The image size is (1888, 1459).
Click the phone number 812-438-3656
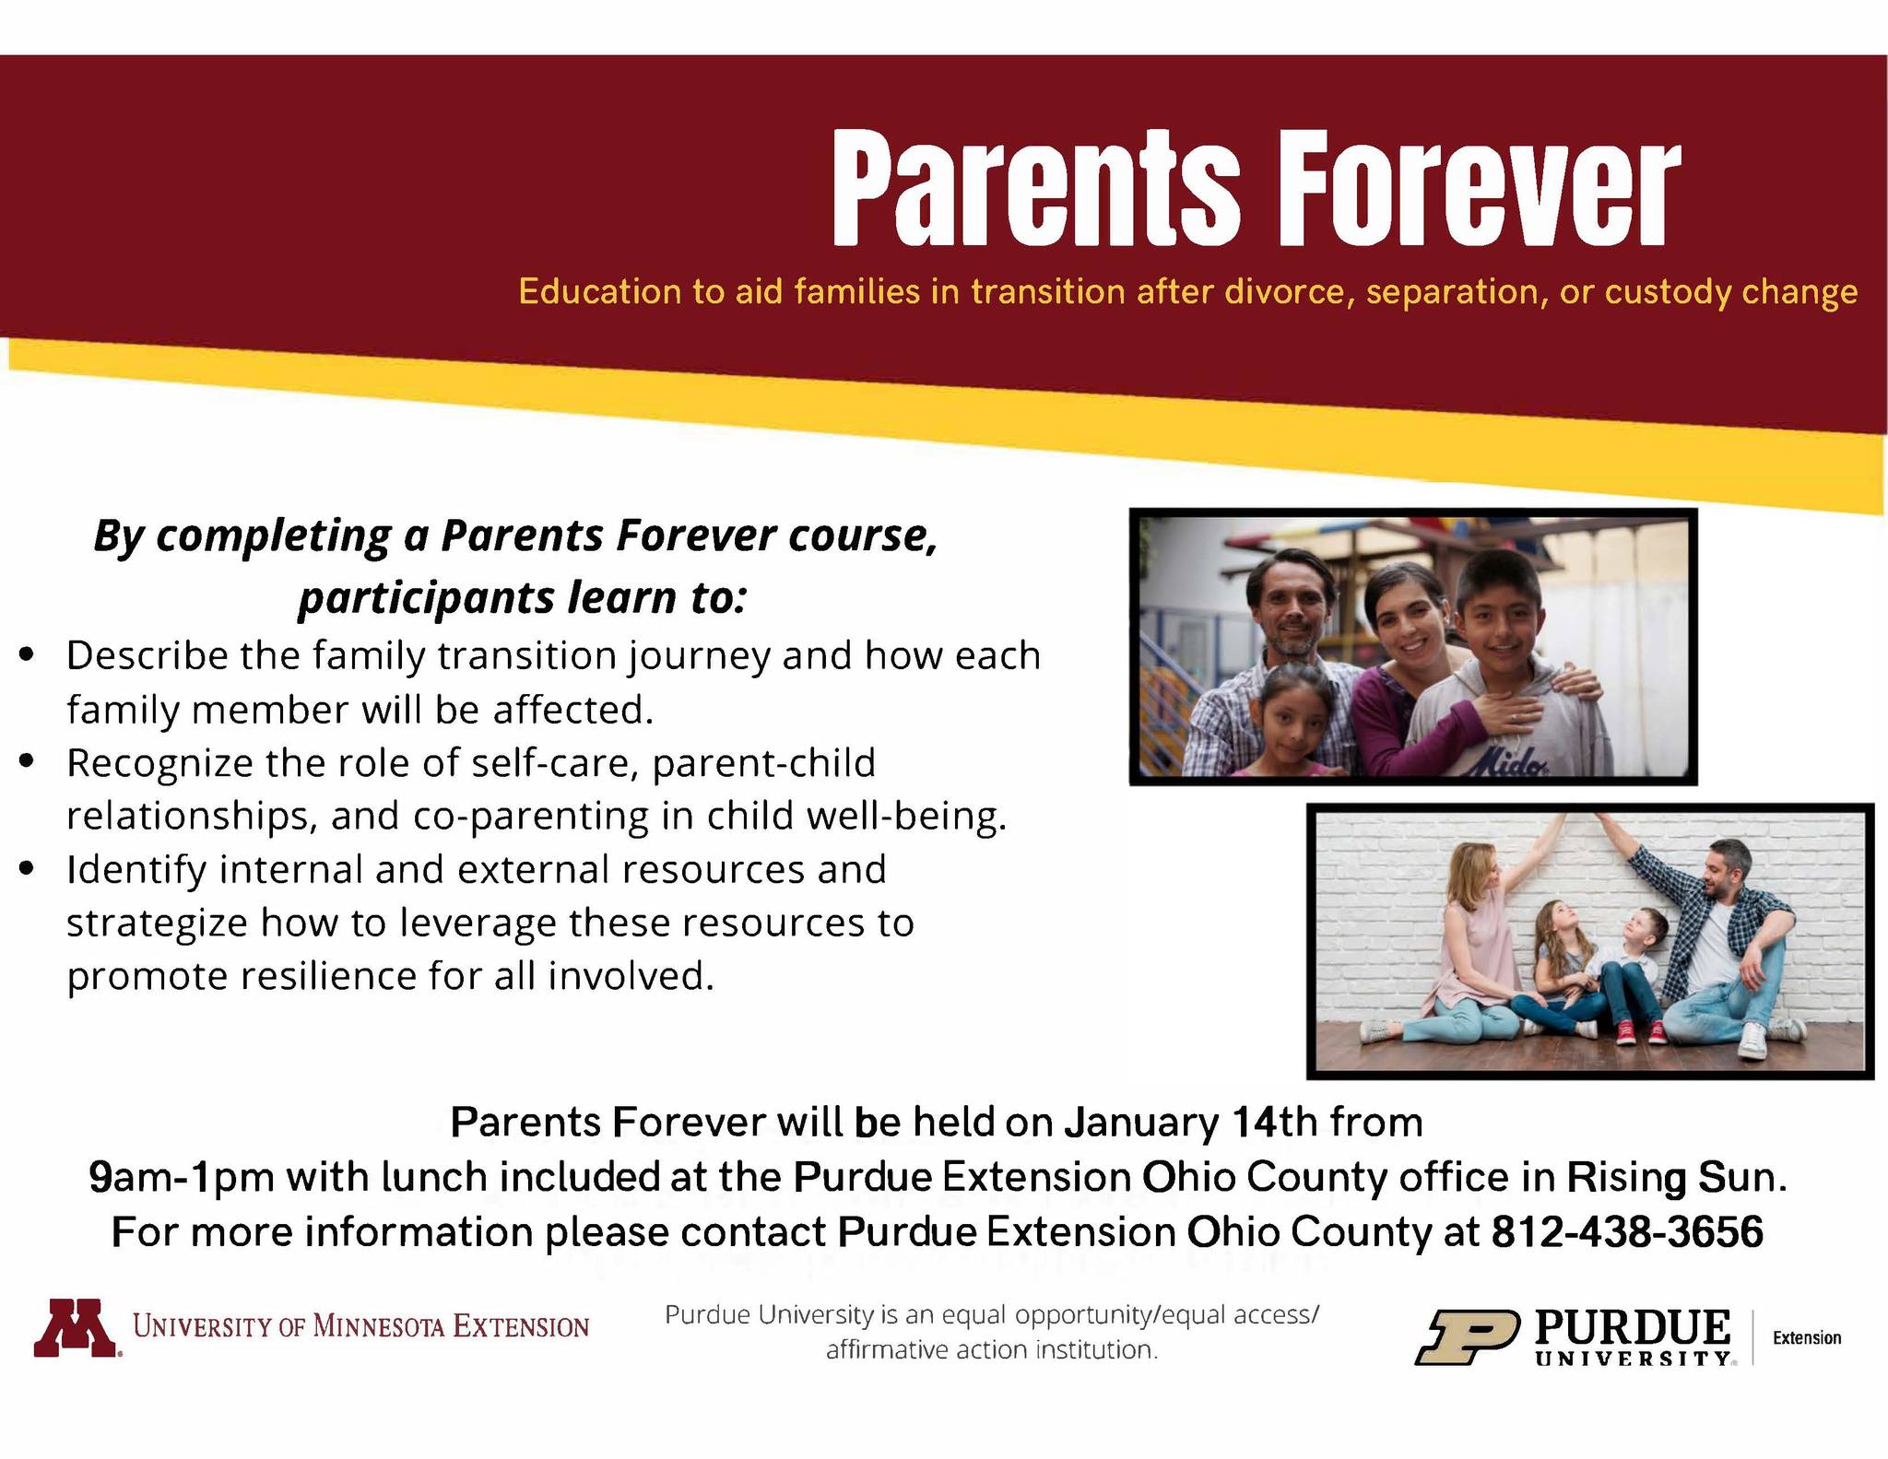coord(1627,1231)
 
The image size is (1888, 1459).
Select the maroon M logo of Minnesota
coord(77,1328)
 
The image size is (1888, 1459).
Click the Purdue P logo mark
coord(1467,1337)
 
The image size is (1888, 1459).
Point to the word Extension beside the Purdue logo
coord(1807,1337)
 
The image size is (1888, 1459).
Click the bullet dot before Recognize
coord(28,762)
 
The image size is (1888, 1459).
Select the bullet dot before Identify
coord(28,868)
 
